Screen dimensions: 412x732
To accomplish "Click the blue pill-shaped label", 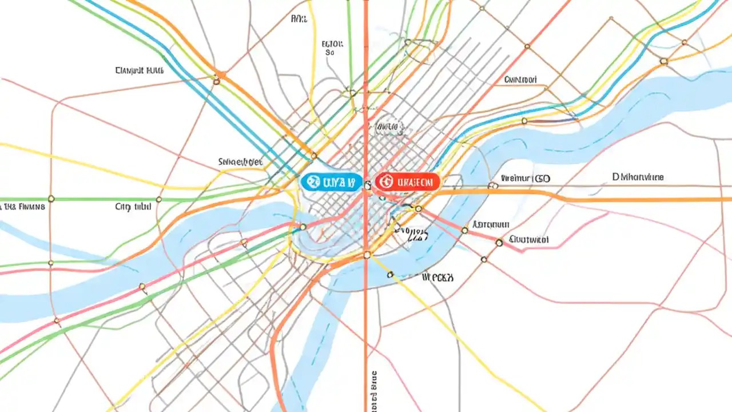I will (x=331, y=183).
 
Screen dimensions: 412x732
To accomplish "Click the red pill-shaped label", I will (x=407, y=182).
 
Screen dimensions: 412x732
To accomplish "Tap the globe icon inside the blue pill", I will (x=312, y=183).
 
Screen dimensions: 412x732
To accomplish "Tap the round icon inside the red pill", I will (x=385, y=182).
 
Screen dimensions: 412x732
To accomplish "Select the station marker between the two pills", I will (x=368, y=184).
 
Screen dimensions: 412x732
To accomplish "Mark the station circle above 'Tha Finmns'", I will (x=51, y=199).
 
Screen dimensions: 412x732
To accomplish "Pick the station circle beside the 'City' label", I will (x=158, y=199).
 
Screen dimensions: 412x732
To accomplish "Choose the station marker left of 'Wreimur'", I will (x=492, y=185).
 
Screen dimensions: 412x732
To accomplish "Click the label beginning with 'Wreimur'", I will (x=525, y=179).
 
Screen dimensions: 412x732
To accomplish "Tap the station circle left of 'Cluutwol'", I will (x=499, y=243).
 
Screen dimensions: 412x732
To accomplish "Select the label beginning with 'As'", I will (x=491, y=225).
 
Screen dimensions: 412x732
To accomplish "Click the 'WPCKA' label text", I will (x=437, y=278).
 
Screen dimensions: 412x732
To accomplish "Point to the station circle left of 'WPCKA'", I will (x=391, y=275).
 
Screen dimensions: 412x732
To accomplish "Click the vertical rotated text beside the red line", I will (x=375, y=389).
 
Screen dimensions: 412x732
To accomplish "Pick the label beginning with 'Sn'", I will (x=240, y=162).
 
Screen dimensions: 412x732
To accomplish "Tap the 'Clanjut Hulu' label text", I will (x=140, y=71).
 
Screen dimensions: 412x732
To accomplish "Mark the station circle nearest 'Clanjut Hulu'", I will (x=216, y=82).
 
